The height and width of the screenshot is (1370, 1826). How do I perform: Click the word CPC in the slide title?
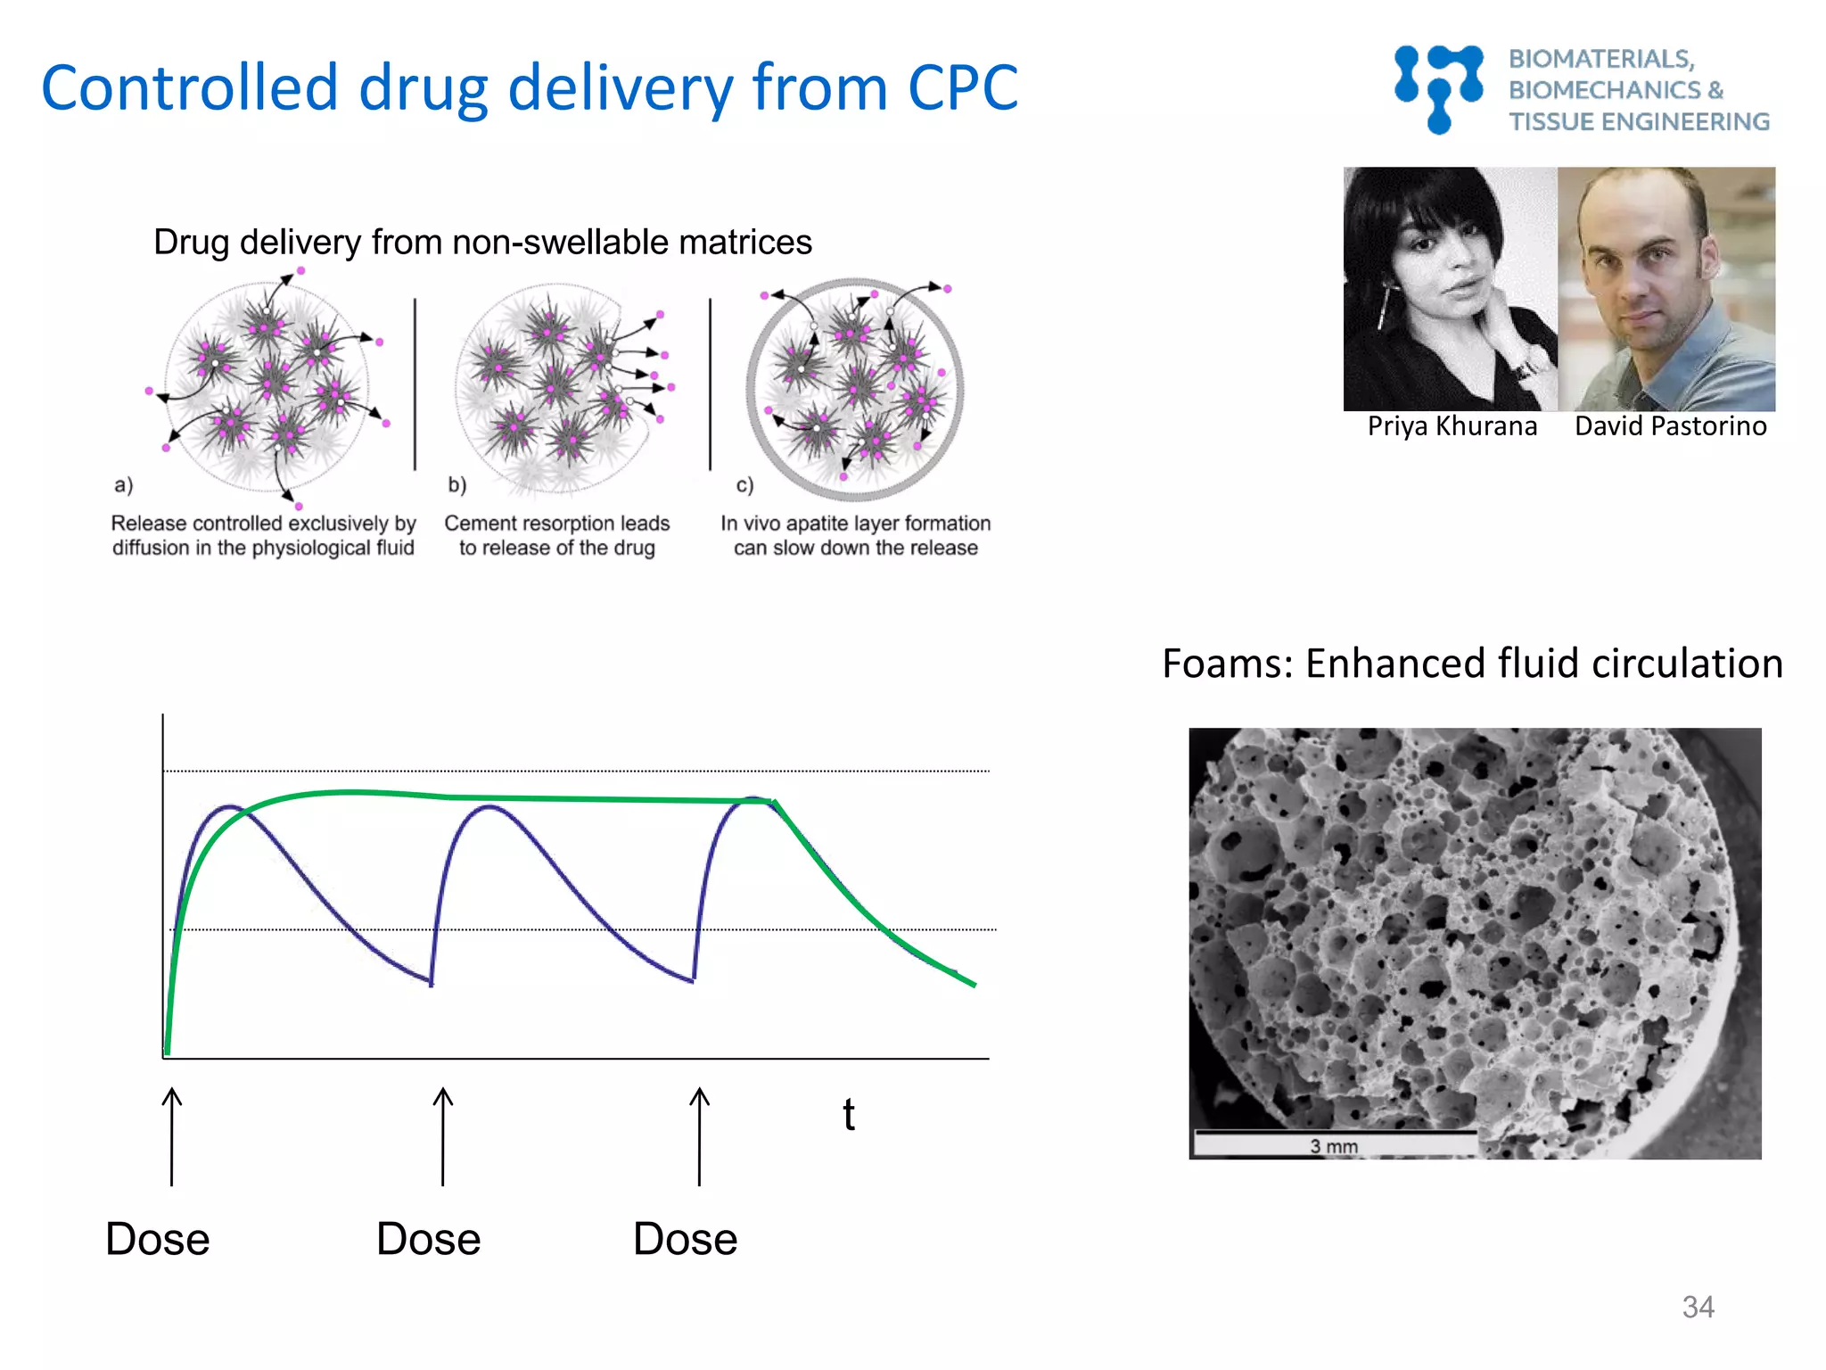pos(962,88)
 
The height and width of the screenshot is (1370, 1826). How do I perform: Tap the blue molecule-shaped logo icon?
pos(1438,89)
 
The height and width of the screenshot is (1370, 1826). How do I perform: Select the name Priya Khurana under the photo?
pos(1452,426)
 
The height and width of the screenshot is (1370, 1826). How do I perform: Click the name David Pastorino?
pos(1670,426)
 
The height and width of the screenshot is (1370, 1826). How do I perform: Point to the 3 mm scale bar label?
pos(1333,1146)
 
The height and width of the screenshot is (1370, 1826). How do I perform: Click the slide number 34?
pos(1698,1307)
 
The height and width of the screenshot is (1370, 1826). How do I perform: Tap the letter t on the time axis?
pos(849,1115)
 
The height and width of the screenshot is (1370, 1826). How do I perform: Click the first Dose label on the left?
pos(158,1239)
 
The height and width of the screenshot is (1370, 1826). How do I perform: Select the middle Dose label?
pos(428,1239)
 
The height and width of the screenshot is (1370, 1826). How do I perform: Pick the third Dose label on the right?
pos(685,1239)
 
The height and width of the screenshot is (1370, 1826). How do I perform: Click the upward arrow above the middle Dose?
pos(442,1136)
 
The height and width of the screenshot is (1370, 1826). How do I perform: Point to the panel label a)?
pos(123,485)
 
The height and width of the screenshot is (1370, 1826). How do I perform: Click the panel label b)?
pos(456,485)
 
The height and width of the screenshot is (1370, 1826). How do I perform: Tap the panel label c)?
pos(744,485)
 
